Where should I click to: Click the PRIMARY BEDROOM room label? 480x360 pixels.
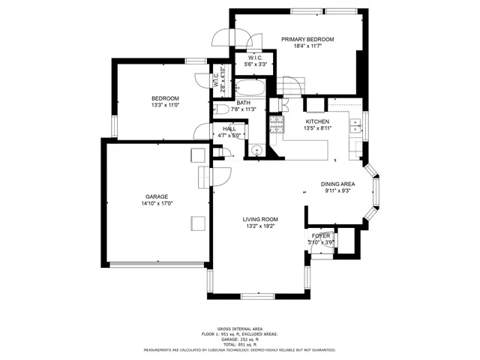307,39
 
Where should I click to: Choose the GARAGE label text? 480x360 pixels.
156,196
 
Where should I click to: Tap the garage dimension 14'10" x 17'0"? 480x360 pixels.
156,204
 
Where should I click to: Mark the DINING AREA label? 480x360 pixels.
338,184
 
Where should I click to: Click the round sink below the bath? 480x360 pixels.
256,150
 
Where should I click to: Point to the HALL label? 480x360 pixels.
229,129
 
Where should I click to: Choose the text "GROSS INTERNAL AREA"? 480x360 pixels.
240,328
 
